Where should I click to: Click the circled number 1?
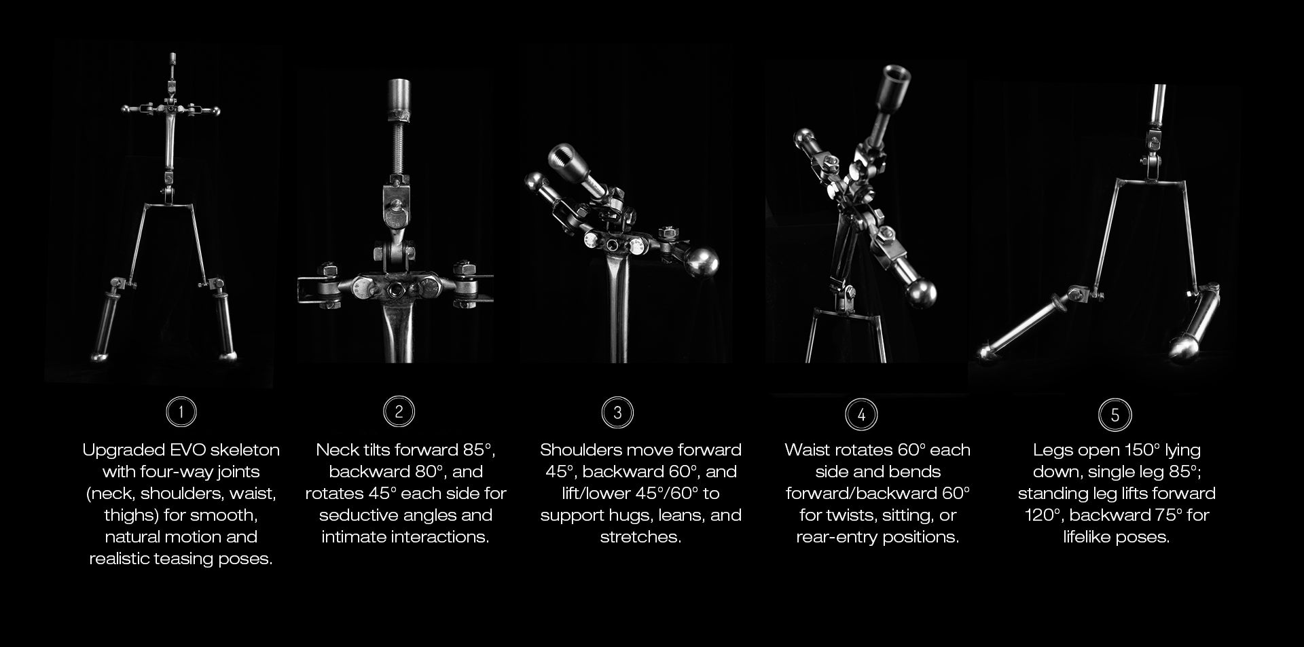coord(181,411)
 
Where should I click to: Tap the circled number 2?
coord(399,411)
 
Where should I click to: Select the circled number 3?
coord(617,413)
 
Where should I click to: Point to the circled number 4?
coord(861,415)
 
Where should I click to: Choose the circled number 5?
coord(1115,415)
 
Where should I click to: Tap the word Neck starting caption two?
coord(338,450)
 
